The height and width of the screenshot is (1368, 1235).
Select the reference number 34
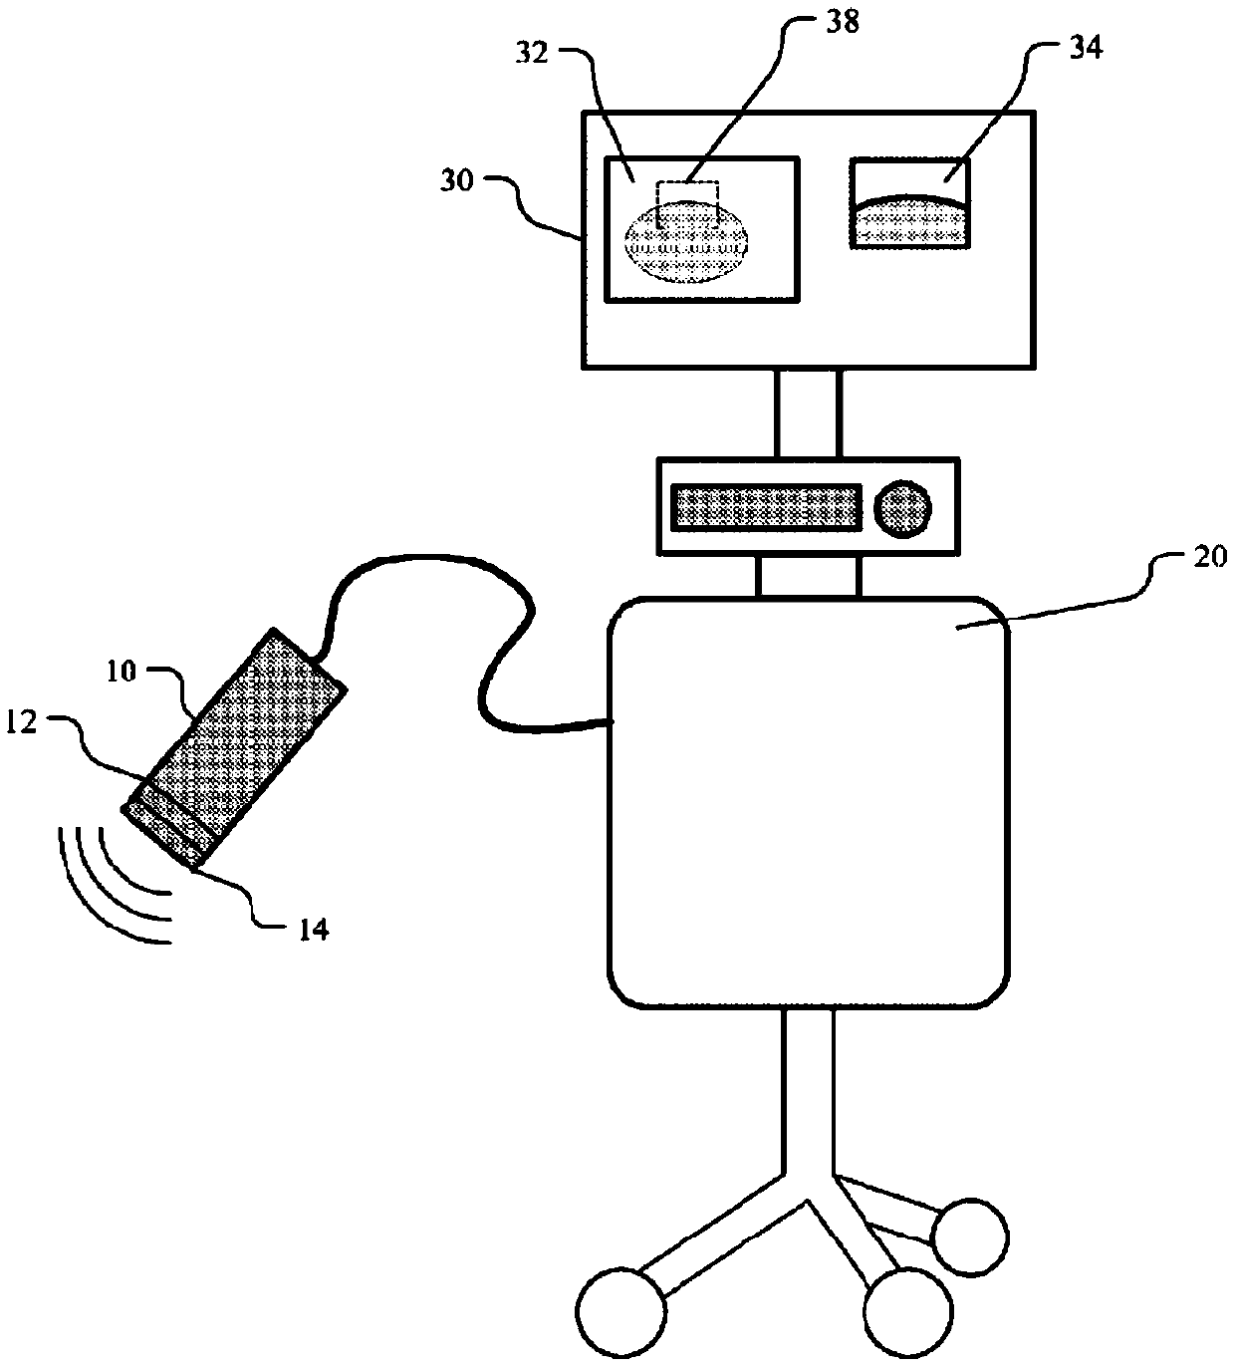point(1085,49)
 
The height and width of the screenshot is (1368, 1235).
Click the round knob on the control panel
point(904,508)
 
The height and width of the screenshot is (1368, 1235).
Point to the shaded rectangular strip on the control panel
point(766,507)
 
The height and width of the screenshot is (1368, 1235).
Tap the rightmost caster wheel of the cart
point(970,1237)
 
